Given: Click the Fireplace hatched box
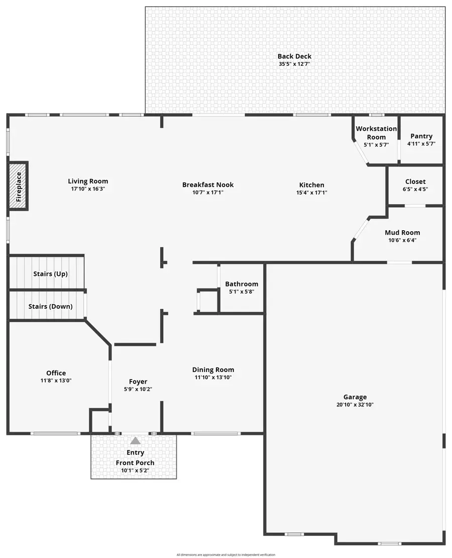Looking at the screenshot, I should (19, 186).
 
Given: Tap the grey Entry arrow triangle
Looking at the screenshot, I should (136, 441).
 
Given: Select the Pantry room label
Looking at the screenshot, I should (421, 136).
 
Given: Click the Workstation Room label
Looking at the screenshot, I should (376, 133).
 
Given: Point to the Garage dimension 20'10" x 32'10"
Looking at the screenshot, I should (355, 405).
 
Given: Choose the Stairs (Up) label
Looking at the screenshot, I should (50, 274).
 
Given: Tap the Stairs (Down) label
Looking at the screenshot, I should (50, 306).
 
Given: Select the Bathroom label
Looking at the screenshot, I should (242, 284).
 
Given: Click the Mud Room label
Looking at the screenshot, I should (402, 232).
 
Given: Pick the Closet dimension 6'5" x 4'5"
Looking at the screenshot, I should (415, 190).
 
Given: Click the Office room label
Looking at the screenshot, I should (56, 373).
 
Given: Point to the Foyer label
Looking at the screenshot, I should (138, 382).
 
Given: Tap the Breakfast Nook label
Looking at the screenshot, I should (208, 184).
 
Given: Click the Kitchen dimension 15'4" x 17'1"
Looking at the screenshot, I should (312, 193).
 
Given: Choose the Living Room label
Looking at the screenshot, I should (88, 181).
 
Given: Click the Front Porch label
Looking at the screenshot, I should (135, 463).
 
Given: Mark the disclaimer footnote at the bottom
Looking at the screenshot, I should (226, 554).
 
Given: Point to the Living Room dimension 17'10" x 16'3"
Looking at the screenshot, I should (88, 189).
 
